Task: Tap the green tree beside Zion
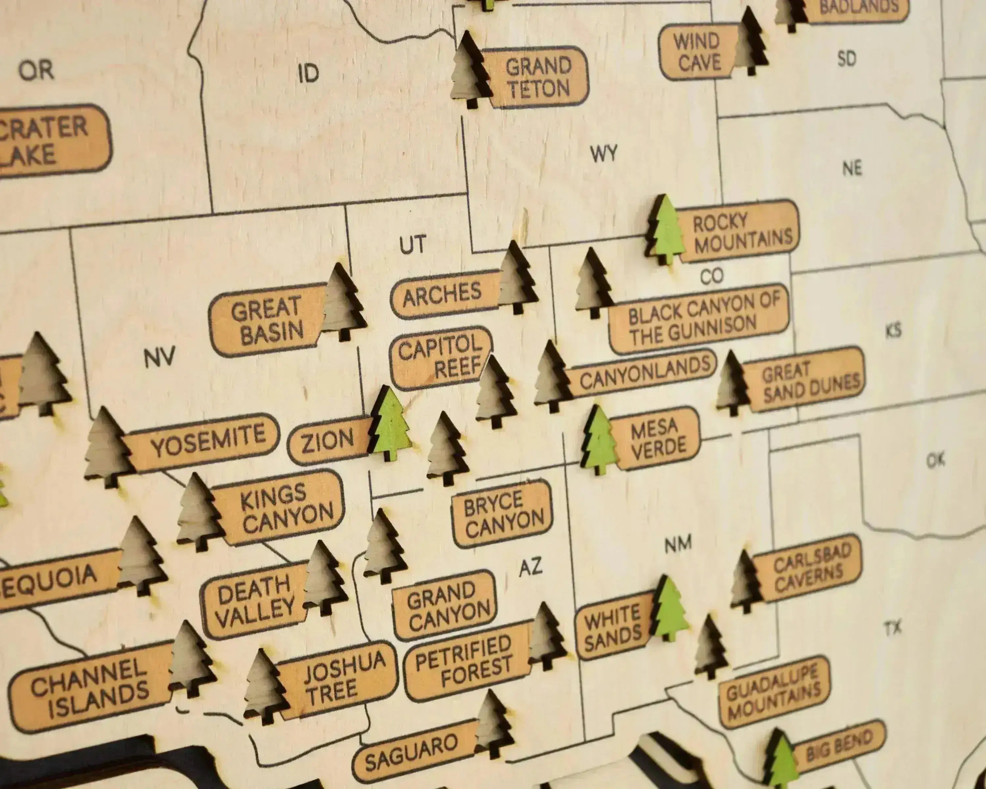[x=390, y=424]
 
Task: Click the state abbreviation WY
[x=604, y=154]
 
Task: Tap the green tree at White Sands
[x=669, y=608]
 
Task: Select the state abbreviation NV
[x=160, y=357]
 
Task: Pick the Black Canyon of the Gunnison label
[x=700, y=319]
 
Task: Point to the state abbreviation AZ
[x=530, y=567]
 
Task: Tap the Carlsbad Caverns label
[x=810, y=568]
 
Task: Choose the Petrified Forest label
[x=464, y=662]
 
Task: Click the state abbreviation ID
[x=308, y=74]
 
